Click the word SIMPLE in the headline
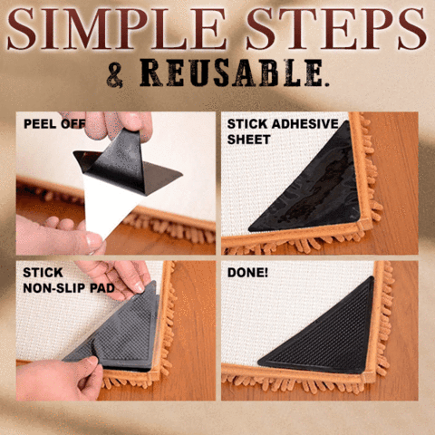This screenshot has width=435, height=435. click(117, 29)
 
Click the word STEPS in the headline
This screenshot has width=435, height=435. click(336, 29)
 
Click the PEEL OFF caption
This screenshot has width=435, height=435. click(54, 124)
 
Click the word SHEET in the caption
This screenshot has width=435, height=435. click(248, 140)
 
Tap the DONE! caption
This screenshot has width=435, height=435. click(247, 273)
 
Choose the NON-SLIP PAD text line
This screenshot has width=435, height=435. click(69, 288)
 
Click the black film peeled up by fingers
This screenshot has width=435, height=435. click(127, 163)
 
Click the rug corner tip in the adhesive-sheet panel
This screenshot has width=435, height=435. click(369, 225)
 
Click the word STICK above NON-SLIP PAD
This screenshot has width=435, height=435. click(43, 273)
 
